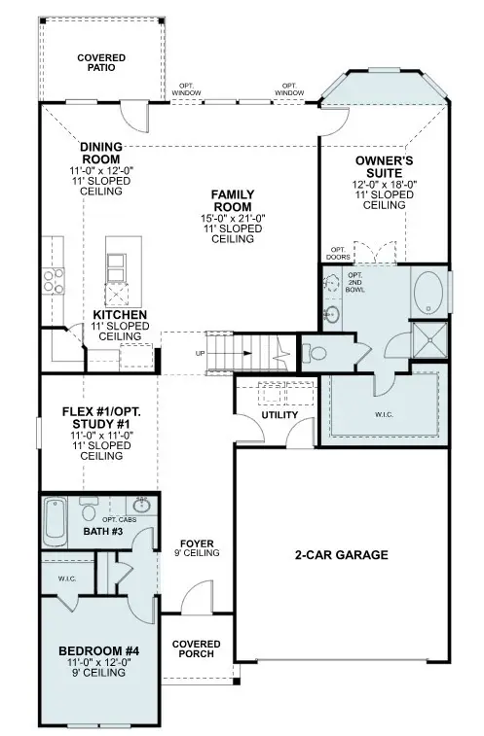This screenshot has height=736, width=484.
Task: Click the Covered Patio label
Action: [x=101, y=64]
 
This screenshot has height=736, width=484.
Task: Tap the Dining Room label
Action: [x=101, y=154]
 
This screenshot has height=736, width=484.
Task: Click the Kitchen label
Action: [x=121, y=316]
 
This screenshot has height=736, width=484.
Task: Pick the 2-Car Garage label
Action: [x=342, y=555]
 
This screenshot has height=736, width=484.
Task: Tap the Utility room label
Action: [x=279, y=415]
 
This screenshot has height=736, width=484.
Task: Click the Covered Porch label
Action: [x=197, y=649]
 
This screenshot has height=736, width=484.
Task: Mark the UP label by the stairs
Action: [x=200, y=353]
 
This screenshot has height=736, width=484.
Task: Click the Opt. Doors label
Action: [x=338, y=255]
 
